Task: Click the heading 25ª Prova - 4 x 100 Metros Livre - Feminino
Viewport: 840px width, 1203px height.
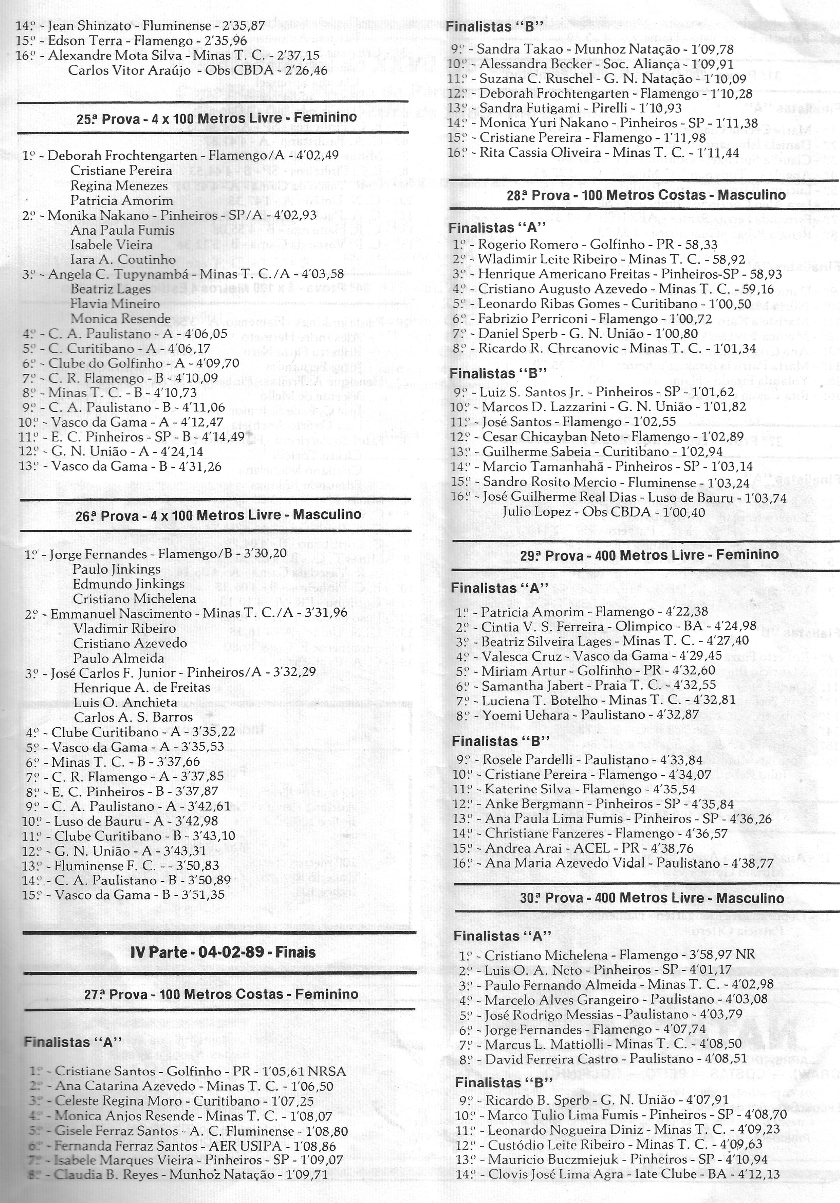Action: pyautogui.click(x=216, y=118)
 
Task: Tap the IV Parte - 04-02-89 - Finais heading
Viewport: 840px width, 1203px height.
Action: pyautogui.click(x=223, y=952)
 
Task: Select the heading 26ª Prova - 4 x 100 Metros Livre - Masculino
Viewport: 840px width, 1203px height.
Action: pyautogui.click(x=219, y=515)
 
